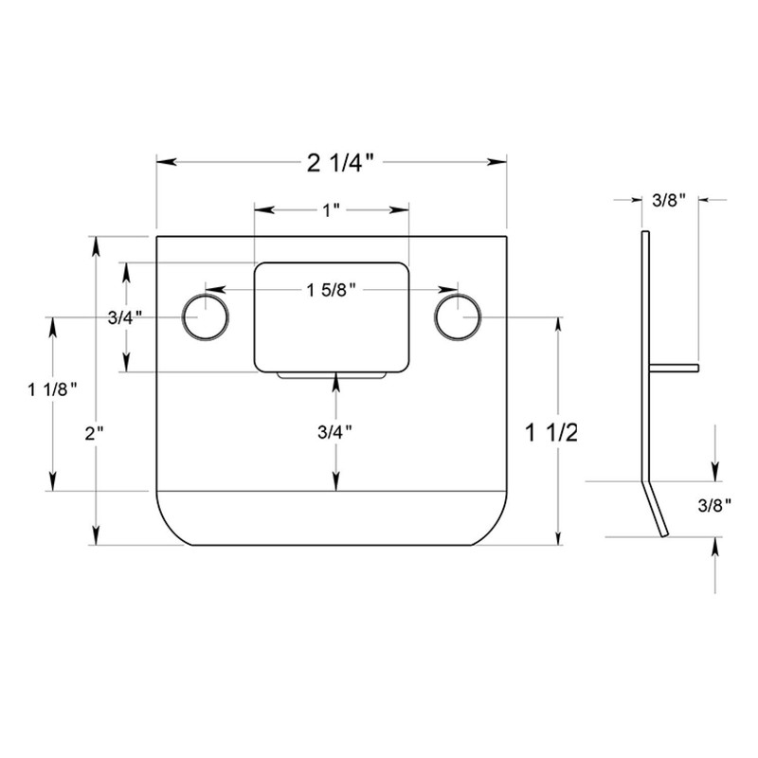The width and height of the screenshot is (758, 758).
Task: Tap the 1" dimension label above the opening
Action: (x=331, y=210)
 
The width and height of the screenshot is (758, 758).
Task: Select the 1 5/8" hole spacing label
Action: (x=331, y=289)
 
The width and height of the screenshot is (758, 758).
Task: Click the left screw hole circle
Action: (x=205, y=316)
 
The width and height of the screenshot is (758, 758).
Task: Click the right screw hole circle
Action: (x=457, y=316)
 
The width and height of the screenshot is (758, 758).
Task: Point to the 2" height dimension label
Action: (x=93, y=433)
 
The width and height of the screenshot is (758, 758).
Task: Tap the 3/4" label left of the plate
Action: (x=125, y=317)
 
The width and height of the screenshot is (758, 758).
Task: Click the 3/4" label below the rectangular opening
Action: (x=335, y=432)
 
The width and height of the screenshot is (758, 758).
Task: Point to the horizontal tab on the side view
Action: (x=674, y=367)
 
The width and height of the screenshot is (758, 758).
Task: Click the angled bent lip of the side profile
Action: (x=656, y=509)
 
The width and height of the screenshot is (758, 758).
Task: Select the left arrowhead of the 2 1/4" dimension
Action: (x=162, y=163)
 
